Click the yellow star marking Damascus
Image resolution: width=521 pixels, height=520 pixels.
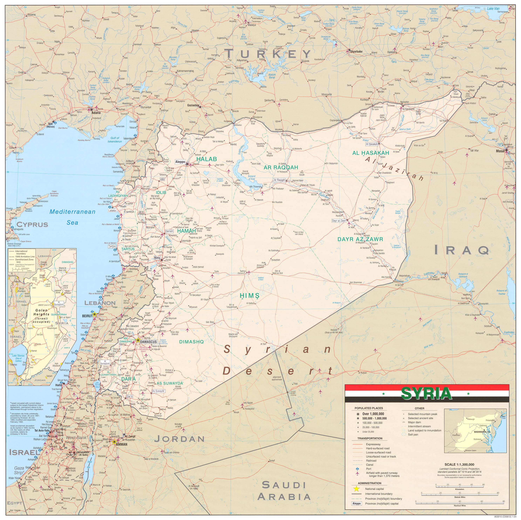[x=138, y=340]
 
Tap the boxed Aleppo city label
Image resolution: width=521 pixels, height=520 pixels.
[x=180, y=162]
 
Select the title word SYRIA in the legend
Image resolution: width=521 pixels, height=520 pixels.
[x=426, y=393]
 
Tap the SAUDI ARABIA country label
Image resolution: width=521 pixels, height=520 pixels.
[x=284, y=491]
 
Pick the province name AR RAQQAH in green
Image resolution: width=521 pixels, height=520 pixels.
[x=281, y=167]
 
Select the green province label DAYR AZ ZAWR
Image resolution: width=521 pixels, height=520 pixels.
[x=360, y=239]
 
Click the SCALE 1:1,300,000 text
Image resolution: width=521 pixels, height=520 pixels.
[x=459, y=465]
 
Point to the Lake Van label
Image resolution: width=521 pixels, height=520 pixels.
[x=493, y=8]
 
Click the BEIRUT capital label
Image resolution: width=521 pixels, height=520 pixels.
[x=87, y=316]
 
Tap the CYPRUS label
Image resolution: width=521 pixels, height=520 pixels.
[x=32, y=224]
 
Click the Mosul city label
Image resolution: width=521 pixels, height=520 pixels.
[x=500, y=151]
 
